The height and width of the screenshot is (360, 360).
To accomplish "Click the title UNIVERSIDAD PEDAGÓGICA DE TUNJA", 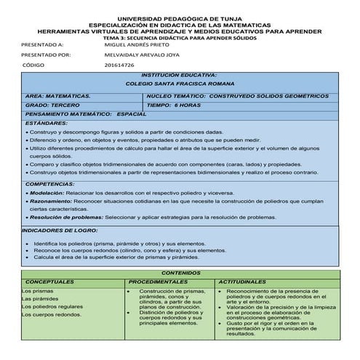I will (180, 18).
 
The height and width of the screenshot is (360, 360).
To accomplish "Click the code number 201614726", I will (120, 65).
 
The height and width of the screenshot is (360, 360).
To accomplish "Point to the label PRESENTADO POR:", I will (46, 55).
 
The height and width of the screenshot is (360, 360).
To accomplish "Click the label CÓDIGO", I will (34, 65).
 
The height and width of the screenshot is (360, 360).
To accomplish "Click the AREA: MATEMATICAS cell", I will (57, 95).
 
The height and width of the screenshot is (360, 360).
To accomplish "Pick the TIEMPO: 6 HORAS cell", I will (172, 105).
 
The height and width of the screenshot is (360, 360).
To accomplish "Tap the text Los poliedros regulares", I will (52, 307).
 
